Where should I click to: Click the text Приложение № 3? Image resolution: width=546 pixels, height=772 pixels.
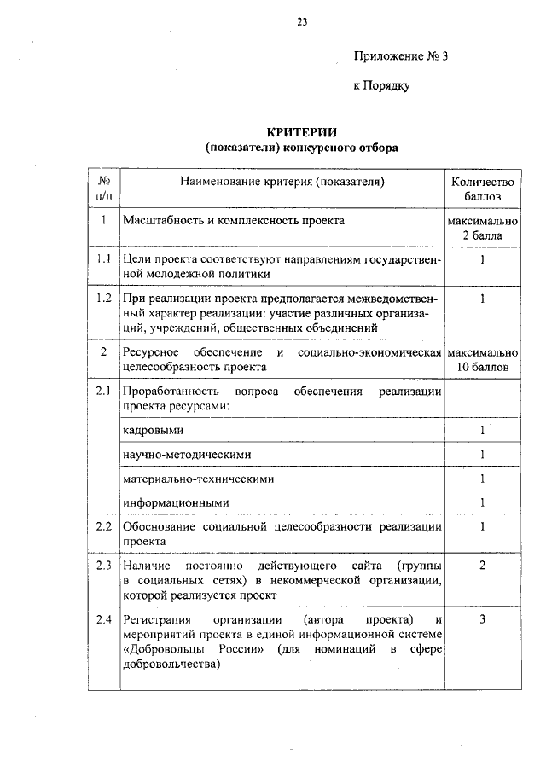click(x=400, y=57)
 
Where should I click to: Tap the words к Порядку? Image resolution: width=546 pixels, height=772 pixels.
click(x=382, y=86)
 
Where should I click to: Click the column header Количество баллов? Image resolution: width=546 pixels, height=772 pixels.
click(x=482, y=189)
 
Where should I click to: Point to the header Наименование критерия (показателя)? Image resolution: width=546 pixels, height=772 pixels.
click(x=282, y=182)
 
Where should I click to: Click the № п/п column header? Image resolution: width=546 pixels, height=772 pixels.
click(x=103, y=189)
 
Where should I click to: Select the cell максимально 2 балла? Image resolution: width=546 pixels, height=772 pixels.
click(x=482, y=228)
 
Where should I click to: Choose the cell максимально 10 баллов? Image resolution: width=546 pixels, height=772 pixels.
click(x=482, y=359)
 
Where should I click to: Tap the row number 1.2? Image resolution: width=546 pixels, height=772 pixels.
click(x=103, y=299)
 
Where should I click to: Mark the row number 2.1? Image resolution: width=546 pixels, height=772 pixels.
click(x=103, y=392)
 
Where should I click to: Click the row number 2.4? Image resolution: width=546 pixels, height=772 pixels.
click(x=103, y=618)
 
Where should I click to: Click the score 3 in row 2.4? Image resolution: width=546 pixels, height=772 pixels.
click(x=482, y=618)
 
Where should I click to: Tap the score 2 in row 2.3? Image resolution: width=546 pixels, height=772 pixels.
click(x=482, y=566)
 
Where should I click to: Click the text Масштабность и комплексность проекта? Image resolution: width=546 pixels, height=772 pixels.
click(x=234, y=220)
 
